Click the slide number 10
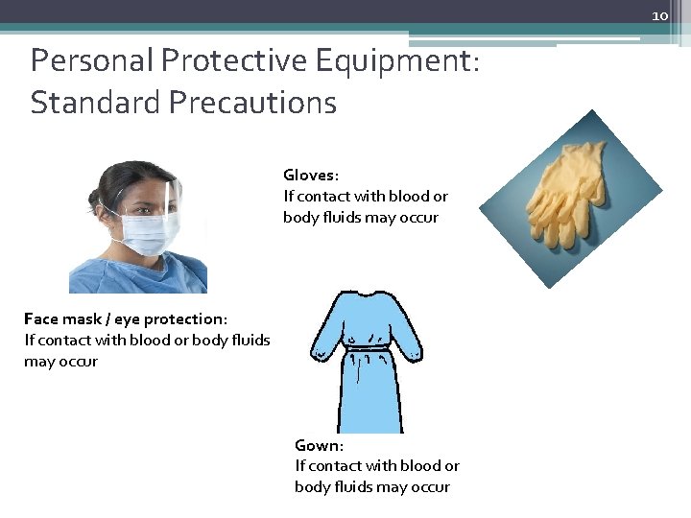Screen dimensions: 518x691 (x=659, y=16)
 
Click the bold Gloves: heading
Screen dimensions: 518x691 (x=310, y=176)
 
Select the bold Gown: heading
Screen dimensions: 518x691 (x=318, y=445)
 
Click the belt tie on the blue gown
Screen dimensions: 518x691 (x=370, y=348)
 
